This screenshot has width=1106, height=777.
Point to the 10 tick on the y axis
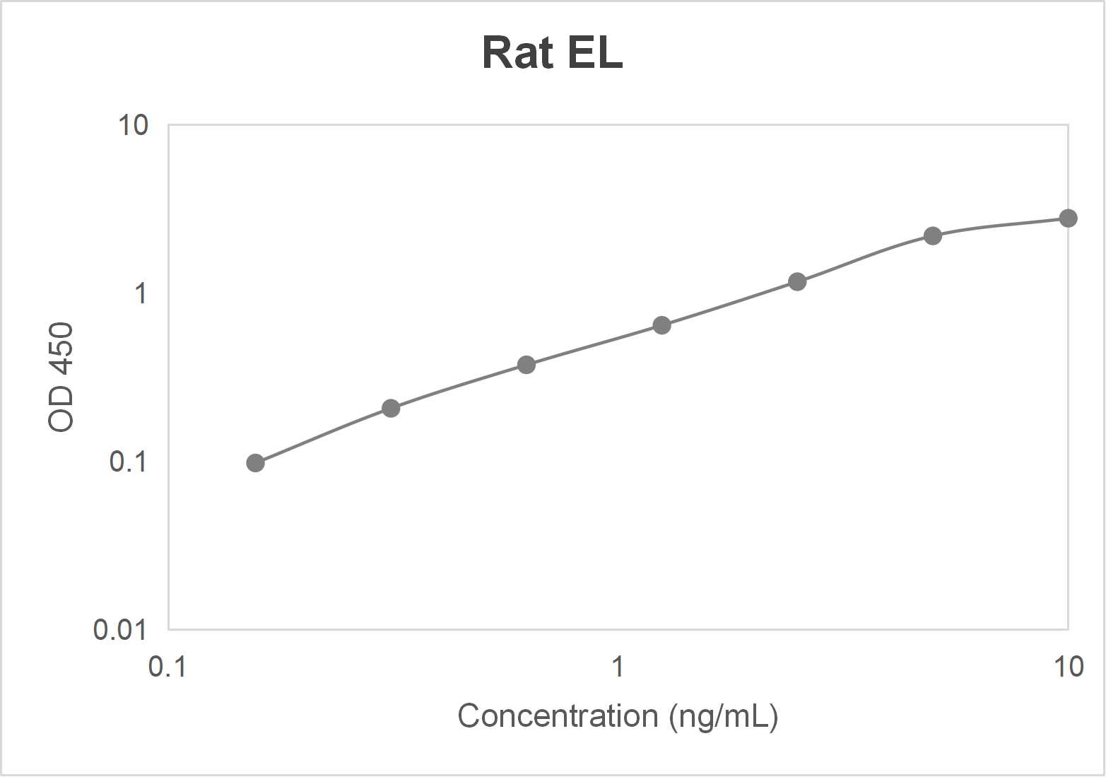[133, 125]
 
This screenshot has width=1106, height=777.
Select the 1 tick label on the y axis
[141, 293]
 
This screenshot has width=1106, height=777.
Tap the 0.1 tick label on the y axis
[128, 461]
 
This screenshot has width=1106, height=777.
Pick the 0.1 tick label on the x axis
[167, 667]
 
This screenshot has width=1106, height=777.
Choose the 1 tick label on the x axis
[618, 667]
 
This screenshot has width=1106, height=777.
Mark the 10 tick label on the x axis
[1068, 667]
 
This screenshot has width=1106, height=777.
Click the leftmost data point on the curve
[255, 463]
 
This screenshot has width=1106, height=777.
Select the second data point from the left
[391, 408]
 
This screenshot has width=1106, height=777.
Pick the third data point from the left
[526, 365]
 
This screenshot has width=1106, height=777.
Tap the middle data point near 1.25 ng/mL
[661, 325]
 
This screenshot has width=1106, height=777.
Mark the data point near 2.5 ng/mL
[797, 281]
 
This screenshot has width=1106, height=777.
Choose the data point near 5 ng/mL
[933, 235]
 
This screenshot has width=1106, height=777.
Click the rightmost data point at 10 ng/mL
[1068, 218]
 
